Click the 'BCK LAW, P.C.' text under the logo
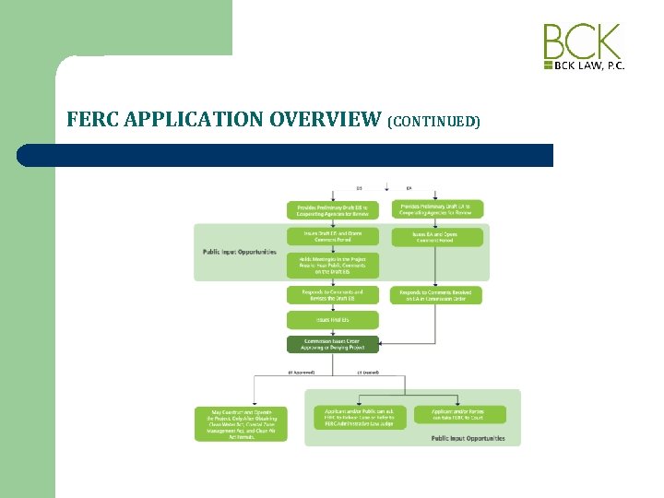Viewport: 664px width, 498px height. (x=589, y=66)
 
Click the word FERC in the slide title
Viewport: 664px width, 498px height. (x=93, y=119)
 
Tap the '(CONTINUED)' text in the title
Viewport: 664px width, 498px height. (x=434, y=121)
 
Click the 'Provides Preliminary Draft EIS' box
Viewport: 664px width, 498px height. (x=320, y=209)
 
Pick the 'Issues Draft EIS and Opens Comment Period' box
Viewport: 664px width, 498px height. (x=320, y=237)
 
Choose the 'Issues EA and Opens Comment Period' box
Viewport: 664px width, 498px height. (x=437, y=237)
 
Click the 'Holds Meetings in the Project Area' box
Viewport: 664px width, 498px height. (x=320, y=266)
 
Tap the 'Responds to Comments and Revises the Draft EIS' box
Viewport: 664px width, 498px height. (x=320, y=295)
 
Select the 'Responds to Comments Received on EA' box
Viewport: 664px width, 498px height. (x=437, y=295)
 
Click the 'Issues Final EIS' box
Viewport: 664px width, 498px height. (x=320, y=320)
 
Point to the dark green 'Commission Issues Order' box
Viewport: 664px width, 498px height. (x=320, y=344)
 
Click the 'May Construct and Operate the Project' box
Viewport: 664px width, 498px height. (x=230, y=423)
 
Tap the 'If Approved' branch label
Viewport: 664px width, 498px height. (x=302, y=373)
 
